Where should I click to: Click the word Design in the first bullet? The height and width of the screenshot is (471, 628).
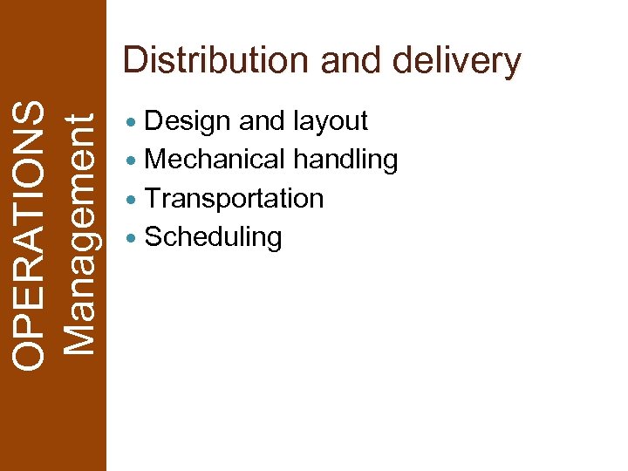click(x=188, y=121)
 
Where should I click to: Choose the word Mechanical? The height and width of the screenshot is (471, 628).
click(x=215, y=160)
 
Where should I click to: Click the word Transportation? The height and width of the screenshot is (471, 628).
click(x=234, y=198)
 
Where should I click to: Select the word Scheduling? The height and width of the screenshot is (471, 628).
click(x=213, y=237)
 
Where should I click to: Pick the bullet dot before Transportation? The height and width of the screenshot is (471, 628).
click(x=131, y=200)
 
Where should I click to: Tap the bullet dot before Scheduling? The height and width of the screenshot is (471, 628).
click(x=131, y=238)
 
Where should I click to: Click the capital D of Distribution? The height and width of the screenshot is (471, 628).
click(x=136, y=61)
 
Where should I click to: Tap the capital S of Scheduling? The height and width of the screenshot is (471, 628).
click(x=154, y=237)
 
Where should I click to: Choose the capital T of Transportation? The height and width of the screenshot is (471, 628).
click(x=154, y=198)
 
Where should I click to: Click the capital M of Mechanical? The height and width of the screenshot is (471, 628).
click(x=156, y=160)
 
